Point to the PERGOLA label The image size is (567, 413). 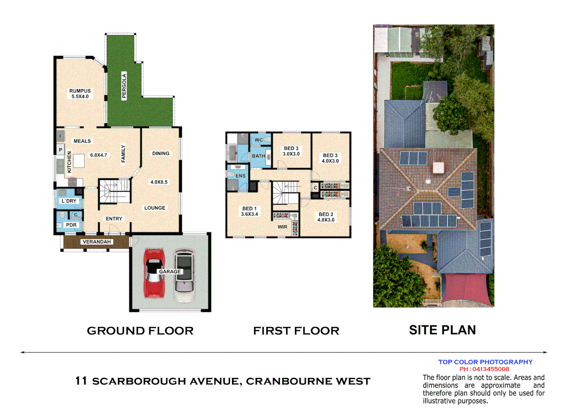pos(124,86)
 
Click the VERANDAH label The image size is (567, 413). pos(97,242)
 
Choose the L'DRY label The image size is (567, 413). pos(69,201)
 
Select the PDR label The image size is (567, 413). pos(71,225)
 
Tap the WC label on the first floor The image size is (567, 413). pos(259,140)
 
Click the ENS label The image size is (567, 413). pos(240,176)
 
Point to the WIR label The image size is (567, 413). pos(282,227)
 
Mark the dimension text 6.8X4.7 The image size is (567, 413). pos(99,155)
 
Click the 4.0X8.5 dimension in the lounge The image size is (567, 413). pos(159,182)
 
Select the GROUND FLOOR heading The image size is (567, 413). pos(140,331)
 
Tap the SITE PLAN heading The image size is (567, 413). pos(442,330)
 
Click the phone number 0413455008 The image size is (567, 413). pos(491,369)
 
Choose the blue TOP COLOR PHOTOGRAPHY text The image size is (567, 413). pos(485,362)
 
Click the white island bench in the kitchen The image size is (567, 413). pos(79,161)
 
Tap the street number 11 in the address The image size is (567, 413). pos(81,381)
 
